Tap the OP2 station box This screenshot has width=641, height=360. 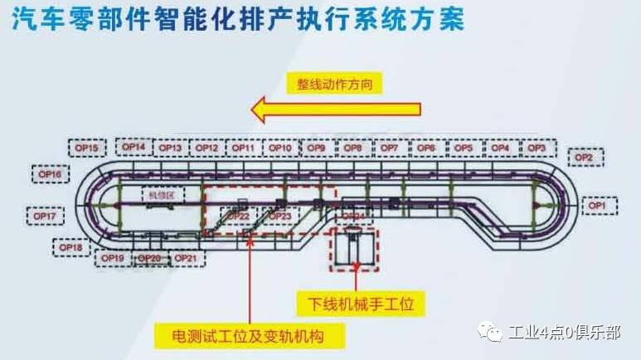(584, 157)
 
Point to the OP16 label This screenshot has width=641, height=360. (51, 174)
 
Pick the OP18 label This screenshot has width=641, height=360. (70, 247)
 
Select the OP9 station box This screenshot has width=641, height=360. (316, 148)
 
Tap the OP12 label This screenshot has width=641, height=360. (207, 148)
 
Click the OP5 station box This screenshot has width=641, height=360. (464, 148)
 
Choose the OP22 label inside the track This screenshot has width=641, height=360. (239, 216)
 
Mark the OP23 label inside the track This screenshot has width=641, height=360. (280, 216)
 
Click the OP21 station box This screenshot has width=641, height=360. (187, 258)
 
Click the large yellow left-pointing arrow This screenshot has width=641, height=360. (337, 109)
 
